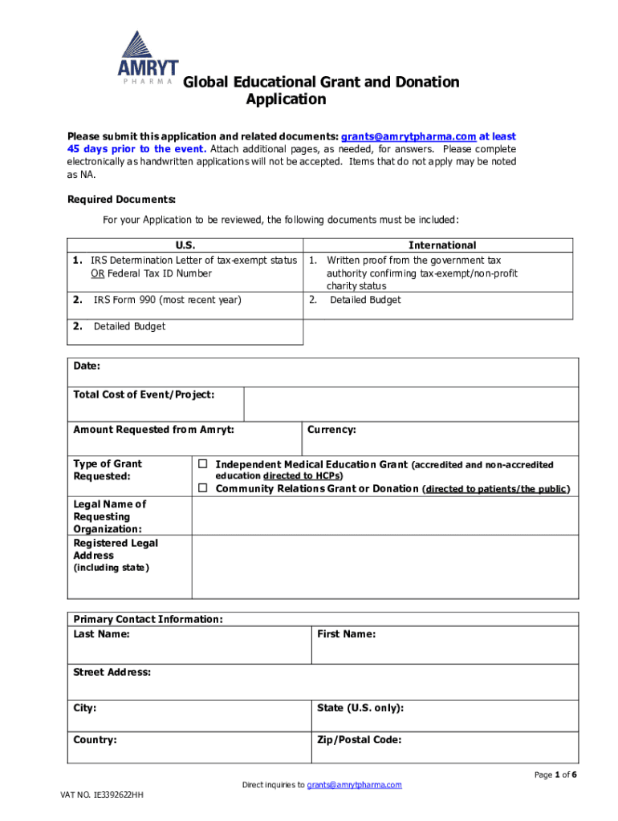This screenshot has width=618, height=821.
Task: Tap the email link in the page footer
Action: pyautogui.click(x=354, y=785)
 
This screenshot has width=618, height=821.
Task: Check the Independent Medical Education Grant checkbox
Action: pyautogui.click(x=203, y=464)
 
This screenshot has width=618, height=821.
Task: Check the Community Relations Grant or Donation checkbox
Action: pyautogui.click(x=203, y=488)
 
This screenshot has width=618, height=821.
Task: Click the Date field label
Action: pyautogui.click(x=87, y=366)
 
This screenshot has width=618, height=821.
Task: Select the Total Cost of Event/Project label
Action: pyautogui.click(x=144, y=394)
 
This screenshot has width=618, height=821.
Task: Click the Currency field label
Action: pyautogui.click(x=331, y=430)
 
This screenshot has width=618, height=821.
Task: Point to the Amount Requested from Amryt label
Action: pyautogui.click(x=153, y=430)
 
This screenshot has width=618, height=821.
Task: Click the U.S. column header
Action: pyautogui.click(x=185, y=245)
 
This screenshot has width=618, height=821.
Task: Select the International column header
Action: pyautogui.click(x=442, y=245)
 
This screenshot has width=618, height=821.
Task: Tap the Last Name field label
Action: pyautogui.click(x=101, y=634)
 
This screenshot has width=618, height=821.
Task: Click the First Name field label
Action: pyautogui.click(x=346, y=634)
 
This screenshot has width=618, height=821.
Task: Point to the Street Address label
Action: pyautogui.click(x=112, y=672)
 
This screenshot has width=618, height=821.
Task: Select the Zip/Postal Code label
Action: pyautogui.click(x=359, y=740)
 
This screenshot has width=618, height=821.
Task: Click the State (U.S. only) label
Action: pyautogui.click(x=360, y=708)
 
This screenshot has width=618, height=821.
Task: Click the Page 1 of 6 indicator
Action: pyautogui.click(x=555, y=774)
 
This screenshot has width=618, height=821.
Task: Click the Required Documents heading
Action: pyautogui.click(x=121, y=199)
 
